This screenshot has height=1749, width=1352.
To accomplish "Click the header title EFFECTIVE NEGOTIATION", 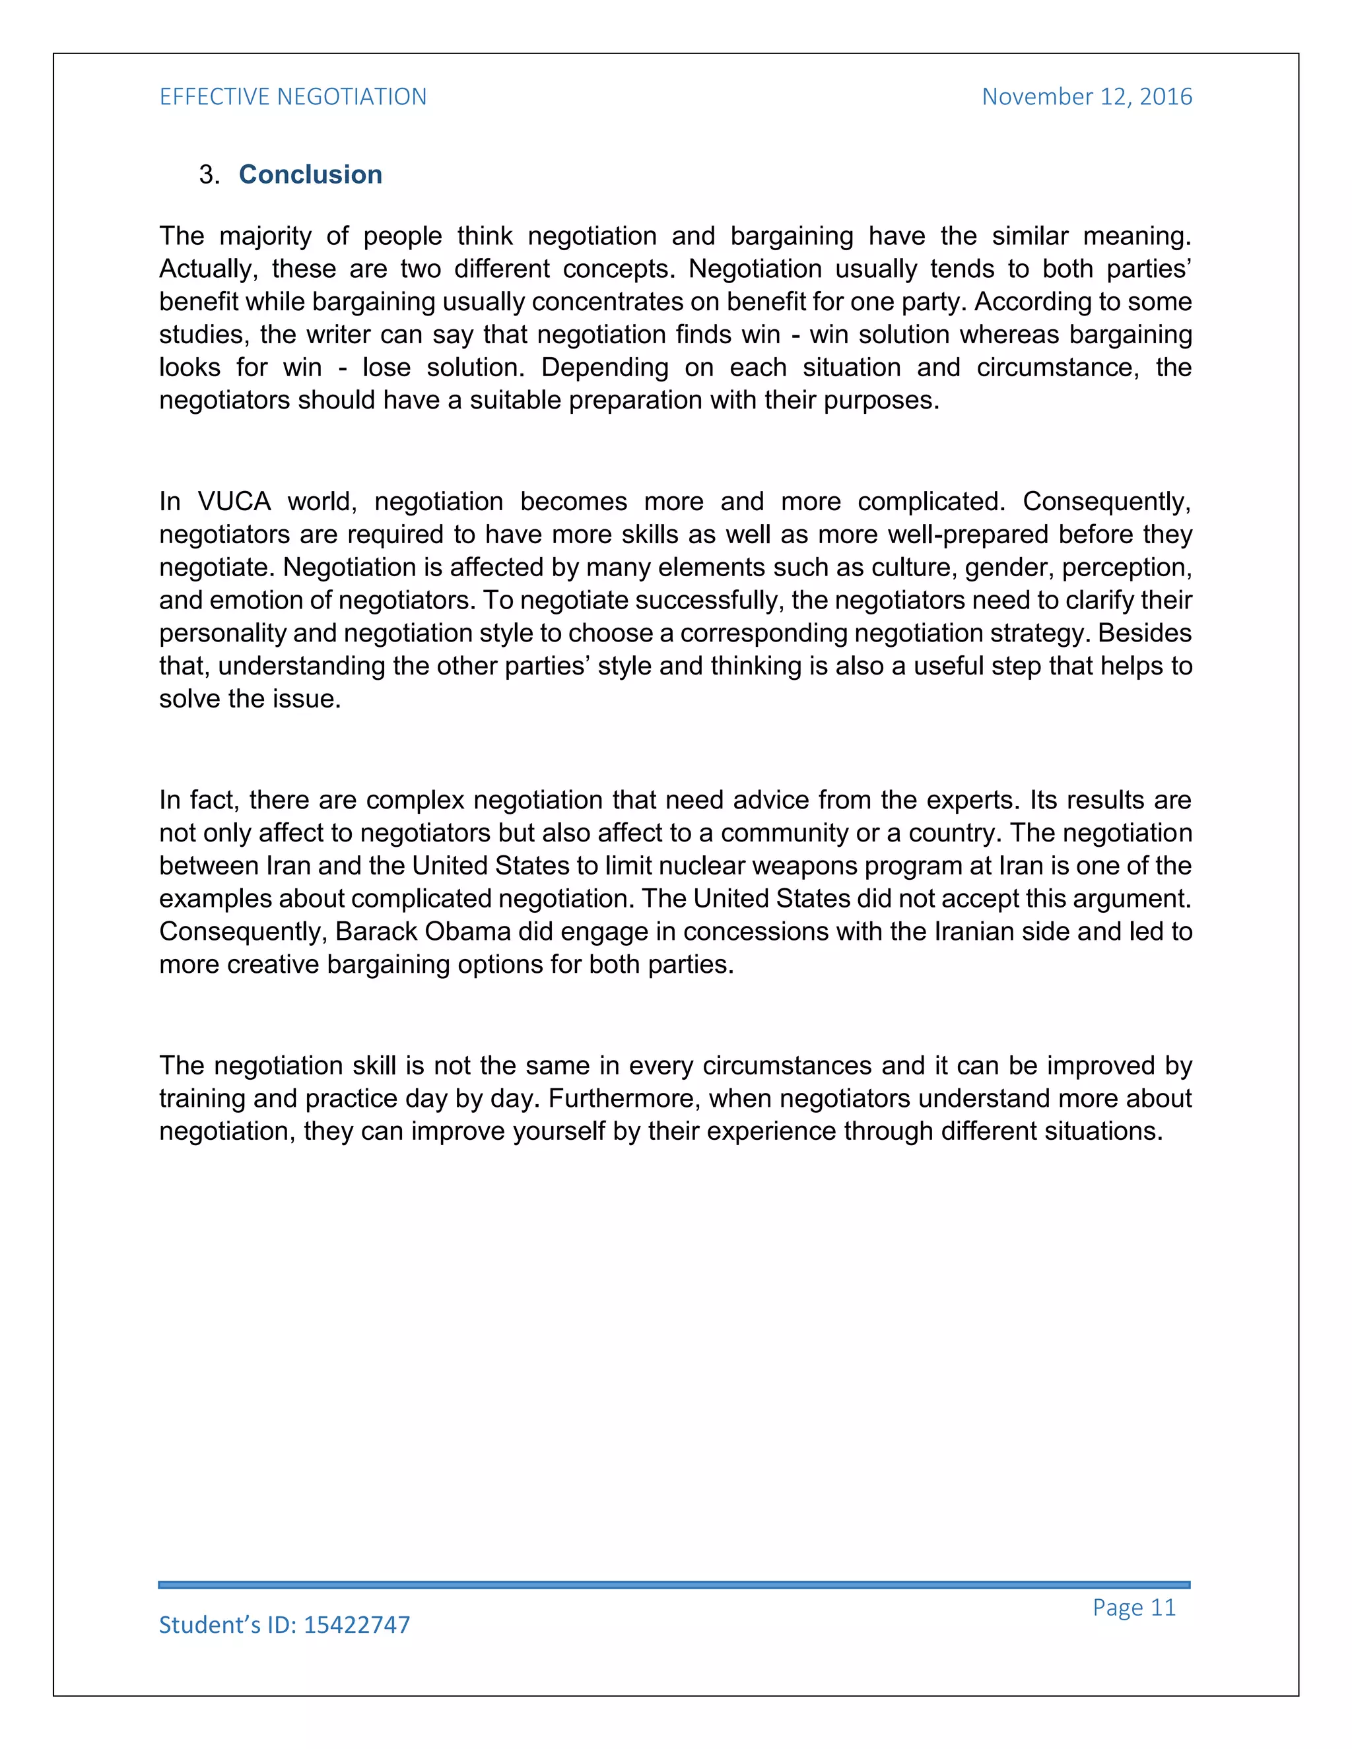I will [292, 97].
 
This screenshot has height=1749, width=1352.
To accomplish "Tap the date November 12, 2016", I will [1086, 97].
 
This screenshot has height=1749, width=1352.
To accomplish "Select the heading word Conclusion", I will [310, 175].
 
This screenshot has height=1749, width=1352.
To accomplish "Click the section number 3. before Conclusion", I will [209, 175].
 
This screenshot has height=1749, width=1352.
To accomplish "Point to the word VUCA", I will [234, 502].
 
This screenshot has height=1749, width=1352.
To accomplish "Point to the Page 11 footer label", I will [1133, 1607].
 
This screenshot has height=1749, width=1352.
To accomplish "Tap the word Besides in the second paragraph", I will [1145, 633].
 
